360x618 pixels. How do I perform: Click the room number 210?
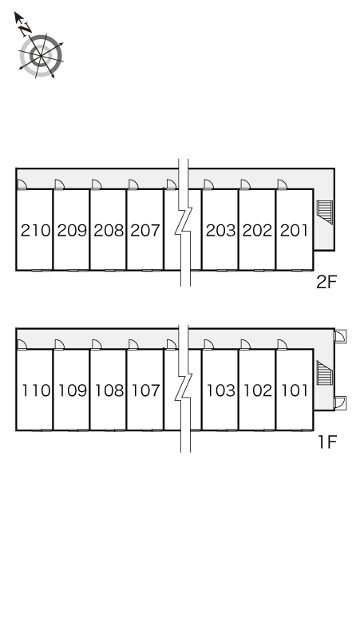[x=35, y=231]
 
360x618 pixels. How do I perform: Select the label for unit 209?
[x=72, y=231]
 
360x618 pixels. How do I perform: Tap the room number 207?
[x=145, y=231]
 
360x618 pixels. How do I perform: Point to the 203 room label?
[x=220, y=231]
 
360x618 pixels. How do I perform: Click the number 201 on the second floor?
[x=295, y=231]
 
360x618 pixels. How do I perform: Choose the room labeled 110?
[x=36, y=390]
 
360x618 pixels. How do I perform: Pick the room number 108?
[x=109, y=390]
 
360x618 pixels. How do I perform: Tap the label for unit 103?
[x=221, y=390]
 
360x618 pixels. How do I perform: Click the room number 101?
[x=295, y=390]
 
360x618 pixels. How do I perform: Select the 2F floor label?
[x=326, y=282]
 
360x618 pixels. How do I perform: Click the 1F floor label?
[x=328, y=442]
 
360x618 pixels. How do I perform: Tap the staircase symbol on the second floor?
[x=325, y=212]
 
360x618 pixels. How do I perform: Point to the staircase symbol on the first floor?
[x=325, y=373]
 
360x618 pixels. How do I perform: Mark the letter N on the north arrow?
[x=26, y=29]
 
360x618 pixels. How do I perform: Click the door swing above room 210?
[x=22, y=184]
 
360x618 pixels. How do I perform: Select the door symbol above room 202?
[x=245, y=184]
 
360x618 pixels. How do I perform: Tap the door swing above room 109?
[x=59, y=344]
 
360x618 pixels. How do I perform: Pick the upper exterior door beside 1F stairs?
[x=341, y=336]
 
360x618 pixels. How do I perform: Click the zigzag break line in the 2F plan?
[x=184, y=223]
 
